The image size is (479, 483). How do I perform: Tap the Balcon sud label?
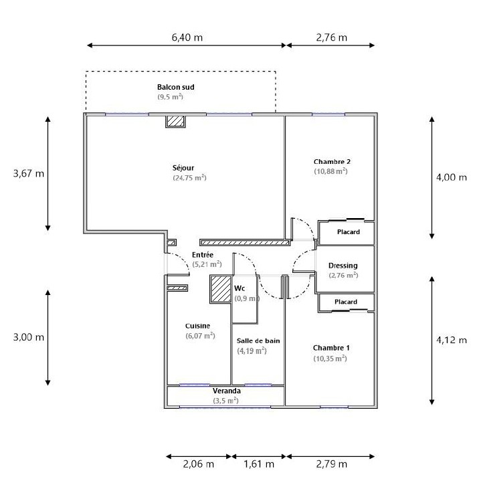pos(175,88)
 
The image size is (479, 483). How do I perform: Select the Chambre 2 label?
pos(332,162)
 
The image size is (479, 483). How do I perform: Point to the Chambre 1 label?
pos(331,349)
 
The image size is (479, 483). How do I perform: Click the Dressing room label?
pos(343,266)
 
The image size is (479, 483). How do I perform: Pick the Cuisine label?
pos(197,326)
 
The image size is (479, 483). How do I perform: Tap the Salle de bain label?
pos(258,341)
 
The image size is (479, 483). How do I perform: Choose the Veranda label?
pos(226,391)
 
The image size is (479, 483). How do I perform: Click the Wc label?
pos(239,288)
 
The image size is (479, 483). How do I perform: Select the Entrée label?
pos(203,255)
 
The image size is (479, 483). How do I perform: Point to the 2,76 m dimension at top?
pos(331,37)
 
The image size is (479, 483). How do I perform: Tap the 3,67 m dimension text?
pos(29,174)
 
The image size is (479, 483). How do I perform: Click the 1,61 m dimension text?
pos(258,464)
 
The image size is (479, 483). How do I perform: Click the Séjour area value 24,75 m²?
pos(189,178)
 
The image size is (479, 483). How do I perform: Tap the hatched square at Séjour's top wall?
pos(175,120)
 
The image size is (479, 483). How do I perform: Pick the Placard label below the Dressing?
pos(346,302)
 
